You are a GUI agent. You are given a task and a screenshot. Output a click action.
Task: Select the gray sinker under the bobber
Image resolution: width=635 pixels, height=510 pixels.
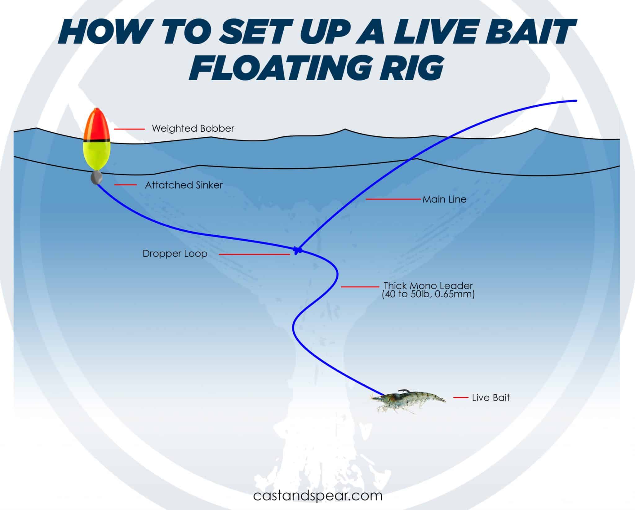(x=96, y=178)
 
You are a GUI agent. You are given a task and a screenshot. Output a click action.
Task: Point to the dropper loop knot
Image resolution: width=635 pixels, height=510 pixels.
(x=297, y=250)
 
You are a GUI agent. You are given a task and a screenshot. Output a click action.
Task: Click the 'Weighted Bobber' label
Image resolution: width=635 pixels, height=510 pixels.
(x=193, y=128)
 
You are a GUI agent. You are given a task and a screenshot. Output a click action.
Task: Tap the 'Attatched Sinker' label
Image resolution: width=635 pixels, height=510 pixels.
(x=184, y=185)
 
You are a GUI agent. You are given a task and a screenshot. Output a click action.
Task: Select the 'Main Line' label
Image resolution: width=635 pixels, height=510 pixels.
(x=444, y=199)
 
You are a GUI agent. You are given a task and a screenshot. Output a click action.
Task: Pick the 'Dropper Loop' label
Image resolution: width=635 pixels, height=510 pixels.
(x=175, y=254)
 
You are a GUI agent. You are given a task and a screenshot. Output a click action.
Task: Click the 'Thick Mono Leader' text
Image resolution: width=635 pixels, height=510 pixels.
(x=428, y=286)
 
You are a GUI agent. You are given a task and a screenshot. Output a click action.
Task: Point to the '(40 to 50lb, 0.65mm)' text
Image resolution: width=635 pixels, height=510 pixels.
(x=428, y=294)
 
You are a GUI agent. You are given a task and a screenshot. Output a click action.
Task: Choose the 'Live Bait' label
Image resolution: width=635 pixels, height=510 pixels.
(x=491, y=398)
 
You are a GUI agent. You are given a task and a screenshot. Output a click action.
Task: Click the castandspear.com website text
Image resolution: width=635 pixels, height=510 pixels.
(x=317, y=495)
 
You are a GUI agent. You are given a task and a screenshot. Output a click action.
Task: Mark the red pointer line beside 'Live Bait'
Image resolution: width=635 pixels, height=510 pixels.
(x=460, y=397)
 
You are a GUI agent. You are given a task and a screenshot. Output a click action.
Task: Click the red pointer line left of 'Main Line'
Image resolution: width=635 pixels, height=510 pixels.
(x=393, y=199)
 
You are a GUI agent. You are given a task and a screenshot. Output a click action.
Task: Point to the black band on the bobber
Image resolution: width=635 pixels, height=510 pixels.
(x=96, y=141)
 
